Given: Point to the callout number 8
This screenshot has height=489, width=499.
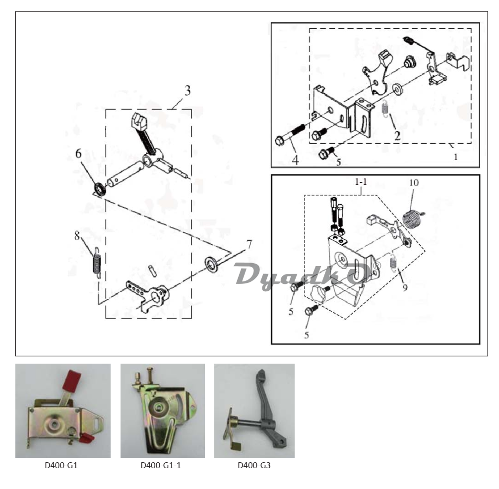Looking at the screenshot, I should tap(77, 235).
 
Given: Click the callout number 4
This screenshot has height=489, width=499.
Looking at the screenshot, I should tap(295, 161).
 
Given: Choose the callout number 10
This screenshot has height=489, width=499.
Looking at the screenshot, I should tap(414, 182).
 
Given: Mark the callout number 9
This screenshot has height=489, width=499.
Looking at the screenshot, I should tap(405, 287).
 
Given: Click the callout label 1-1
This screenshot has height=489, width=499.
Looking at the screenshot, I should tap(361, 182).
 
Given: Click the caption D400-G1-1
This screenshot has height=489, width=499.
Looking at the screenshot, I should tap(161, 466).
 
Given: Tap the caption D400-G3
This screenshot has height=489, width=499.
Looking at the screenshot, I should tap(253, 466).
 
